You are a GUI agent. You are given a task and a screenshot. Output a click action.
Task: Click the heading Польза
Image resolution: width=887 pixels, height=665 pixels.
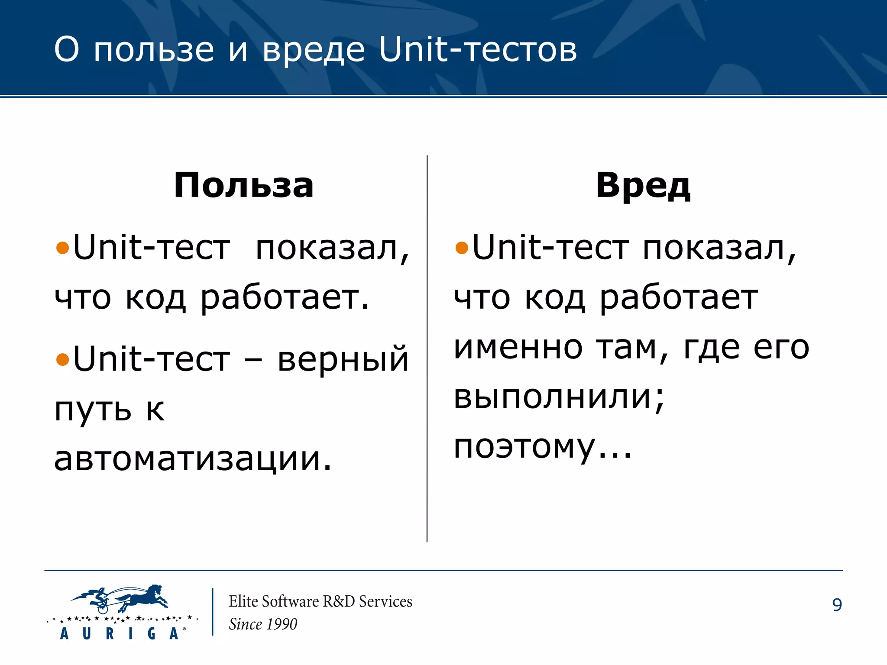click(x=243, y=185)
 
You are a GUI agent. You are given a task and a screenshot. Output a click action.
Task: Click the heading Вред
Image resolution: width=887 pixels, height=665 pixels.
click(x=643, y=185)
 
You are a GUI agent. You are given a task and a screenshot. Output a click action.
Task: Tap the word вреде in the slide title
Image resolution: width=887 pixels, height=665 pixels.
click(x=314, y=50)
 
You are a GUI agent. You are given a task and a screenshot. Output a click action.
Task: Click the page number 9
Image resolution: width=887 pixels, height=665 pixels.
click(x=837, y=605)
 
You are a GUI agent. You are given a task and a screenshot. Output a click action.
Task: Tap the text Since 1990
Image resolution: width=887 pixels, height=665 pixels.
click(x=263, y=624)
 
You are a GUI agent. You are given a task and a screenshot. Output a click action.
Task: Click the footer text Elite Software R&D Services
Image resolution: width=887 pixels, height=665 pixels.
click(x=320, y=601)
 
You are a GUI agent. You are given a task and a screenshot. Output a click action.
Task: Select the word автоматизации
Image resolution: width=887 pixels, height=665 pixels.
click(x=193, y=459)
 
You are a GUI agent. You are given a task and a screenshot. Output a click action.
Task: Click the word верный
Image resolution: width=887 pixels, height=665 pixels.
click(x=343, y=359)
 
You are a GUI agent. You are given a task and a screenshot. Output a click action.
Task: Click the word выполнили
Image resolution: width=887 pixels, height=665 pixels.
click(x=559, y=397)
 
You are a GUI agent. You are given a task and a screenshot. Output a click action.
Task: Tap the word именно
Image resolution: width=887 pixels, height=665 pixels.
click(x=518, y=347)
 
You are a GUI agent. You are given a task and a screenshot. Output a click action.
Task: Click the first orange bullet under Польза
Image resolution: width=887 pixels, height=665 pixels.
click(x=63, y=248)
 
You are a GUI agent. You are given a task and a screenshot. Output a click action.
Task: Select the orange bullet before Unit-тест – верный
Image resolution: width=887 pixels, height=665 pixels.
click(x=63, y=359)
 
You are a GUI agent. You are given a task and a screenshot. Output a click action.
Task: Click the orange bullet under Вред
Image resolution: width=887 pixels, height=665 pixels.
click(x=462, y=248)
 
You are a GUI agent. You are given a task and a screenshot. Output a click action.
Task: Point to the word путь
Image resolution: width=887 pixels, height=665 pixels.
click(x=93, y=409)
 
